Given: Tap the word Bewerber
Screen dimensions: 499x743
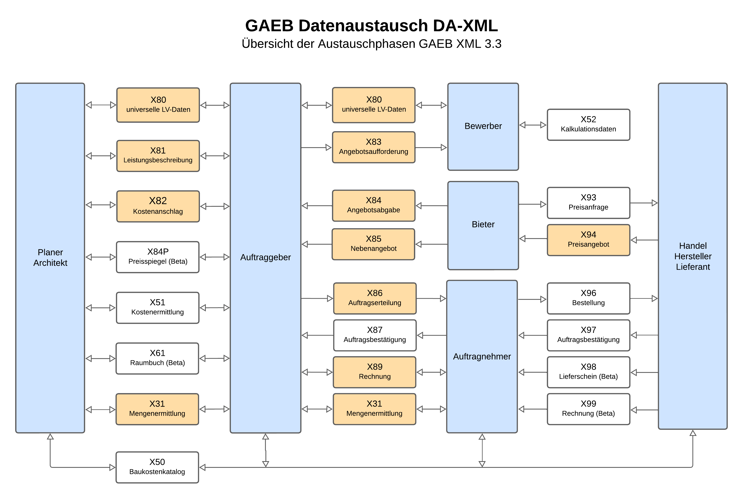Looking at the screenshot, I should click(x=483, y=126).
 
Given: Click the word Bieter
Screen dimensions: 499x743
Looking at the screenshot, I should click(x=483, y=224).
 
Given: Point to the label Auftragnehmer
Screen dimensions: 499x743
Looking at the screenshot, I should click(x=482, y=356).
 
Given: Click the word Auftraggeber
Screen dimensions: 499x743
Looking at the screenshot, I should click(x=265, y=257).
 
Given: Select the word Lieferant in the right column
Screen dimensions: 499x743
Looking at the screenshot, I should click(x=693, y=267).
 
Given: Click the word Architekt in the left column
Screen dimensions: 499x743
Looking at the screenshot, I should click(x=50, y=263).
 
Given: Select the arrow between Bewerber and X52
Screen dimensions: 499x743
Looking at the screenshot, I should click(x=533, y=125).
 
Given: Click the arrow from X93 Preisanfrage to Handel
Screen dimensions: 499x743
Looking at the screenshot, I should click(x=644, y=203).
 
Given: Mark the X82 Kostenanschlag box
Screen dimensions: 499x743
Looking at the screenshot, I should click(x=158, y=206).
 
